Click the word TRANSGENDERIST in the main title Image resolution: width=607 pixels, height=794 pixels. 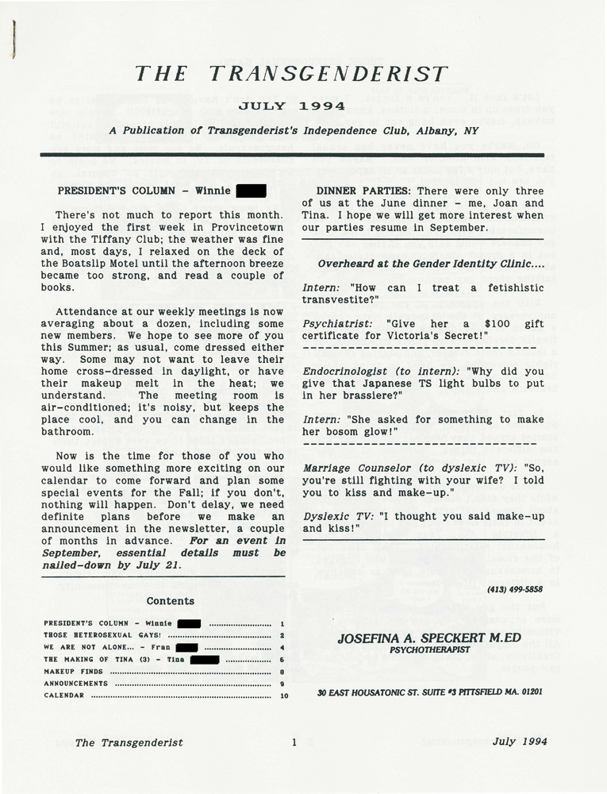tap(330, 74)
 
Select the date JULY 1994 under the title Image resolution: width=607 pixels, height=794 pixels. tap(292, 106)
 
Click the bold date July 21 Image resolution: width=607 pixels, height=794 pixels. tap(155, 565)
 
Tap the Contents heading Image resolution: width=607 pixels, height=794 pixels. tap(170, 601)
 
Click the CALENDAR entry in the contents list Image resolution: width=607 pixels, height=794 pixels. tap(64, 695)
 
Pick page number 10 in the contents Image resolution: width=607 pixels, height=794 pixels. tap(282, 695)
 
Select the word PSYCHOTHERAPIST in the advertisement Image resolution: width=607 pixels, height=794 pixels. tap(429, 649)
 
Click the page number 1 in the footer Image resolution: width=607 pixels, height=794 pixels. tap(294, 743)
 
